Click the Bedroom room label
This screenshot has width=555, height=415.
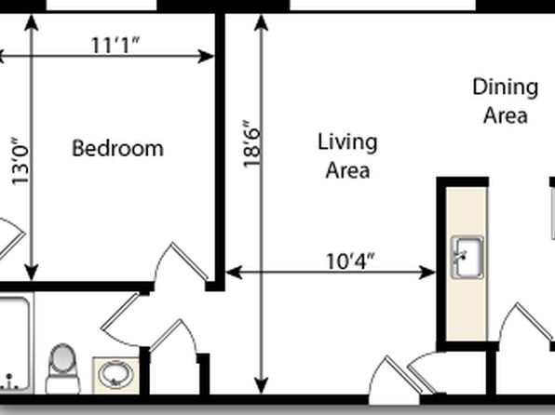(117, 148)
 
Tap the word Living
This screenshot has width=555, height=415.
(347, 143)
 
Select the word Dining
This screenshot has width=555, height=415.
(506, 88)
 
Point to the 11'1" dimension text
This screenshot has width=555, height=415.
(115, 46)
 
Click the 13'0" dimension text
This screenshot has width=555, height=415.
(20, 161)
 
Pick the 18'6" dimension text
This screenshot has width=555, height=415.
(251, 143)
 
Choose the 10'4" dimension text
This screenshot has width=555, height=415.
(350, 261)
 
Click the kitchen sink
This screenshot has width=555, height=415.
(467, 257)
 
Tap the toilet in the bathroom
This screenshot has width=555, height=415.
(62, 369)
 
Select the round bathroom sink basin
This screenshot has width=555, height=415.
(115, 374)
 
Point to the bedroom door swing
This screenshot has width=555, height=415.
(182, 261)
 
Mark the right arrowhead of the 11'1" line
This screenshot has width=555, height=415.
(206, 56)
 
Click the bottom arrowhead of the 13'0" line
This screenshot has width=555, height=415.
(32, 274)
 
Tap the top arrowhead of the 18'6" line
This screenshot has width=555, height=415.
(262, 22)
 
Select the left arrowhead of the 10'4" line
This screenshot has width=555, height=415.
(234, 273)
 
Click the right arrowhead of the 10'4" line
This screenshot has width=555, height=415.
(427, 273)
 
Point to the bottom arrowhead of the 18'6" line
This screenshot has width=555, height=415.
(262, 385)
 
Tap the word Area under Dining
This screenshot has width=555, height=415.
(506, 115)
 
